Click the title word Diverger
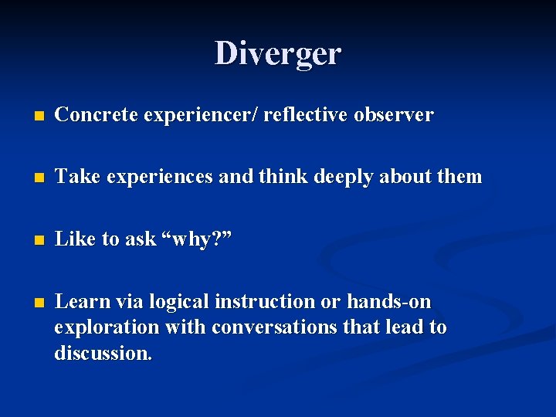278,54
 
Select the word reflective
305,115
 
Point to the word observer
394,115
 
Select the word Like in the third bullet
75,239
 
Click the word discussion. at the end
103,354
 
